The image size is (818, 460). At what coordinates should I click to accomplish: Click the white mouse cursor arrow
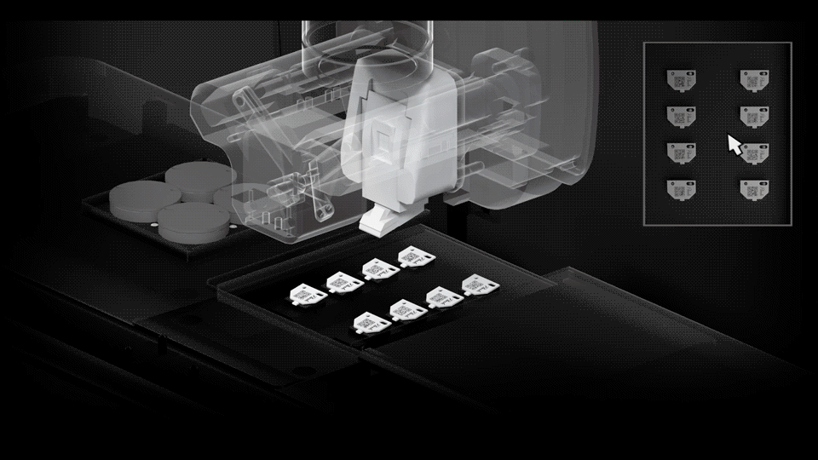coord(734,144)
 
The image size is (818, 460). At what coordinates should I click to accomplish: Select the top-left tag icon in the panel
coord(682,78)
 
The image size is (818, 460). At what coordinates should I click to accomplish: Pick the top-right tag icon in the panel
coord(754,78)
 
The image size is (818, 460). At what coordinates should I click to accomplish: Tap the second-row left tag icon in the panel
coord(682,115)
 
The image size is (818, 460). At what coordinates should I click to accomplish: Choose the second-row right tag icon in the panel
coord(754,115)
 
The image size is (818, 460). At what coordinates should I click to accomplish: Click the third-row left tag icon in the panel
coord(682,152)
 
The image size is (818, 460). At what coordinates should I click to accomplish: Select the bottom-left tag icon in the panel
coord(682,188)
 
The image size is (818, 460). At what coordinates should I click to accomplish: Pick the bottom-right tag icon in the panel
coord(754,188)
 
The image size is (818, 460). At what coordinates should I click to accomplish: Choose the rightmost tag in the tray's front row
coord(475,284)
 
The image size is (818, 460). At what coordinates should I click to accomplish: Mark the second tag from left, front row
coord(404,310)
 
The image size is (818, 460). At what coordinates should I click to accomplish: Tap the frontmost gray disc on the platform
coord(196,221)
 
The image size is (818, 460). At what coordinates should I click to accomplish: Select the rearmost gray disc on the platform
coord(201,175)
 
